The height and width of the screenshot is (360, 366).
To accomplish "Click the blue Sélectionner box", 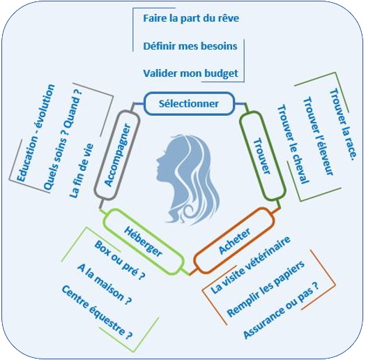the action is click(189, 103).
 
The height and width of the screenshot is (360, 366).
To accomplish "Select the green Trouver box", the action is click(263, 156).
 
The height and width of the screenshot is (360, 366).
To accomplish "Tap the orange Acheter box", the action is click(234, 241).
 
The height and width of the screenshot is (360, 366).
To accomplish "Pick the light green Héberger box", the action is click(143, 241).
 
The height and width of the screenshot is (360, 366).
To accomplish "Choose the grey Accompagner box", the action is click(117, 155).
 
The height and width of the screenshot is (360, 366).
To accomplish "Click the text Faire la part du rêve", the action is click(191, 18).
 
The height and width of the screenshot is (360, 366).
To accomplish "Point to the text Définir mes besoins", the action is click(190, 46).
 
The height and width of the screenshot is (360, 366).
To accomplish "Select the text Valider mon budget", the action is click(190, 73).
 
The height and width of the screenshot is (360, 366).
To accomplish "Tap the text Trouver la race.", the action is click(343, 124).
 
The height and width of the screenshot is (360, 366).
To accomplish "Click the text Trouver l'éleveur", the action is click(318, 136).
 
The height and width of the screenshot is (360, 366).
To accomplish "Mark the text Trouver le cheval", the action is click(293, 144).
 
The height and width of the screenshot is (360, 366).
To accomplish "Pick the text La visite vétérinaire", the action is click(250, 264).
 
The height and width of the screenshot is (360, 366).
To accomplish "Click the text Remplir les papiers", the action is click(266, 288).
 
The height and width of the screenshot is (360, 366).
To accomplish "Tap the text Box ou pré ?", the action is click(119, 260).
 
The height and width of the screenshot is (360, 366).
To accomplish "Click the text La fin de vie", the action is click(82, 171).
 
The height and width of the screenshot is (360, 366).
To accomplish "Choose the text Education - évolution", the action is click(36, 133).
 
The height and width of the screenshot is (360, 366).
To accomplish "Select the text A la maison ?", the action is click(104, 284).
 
